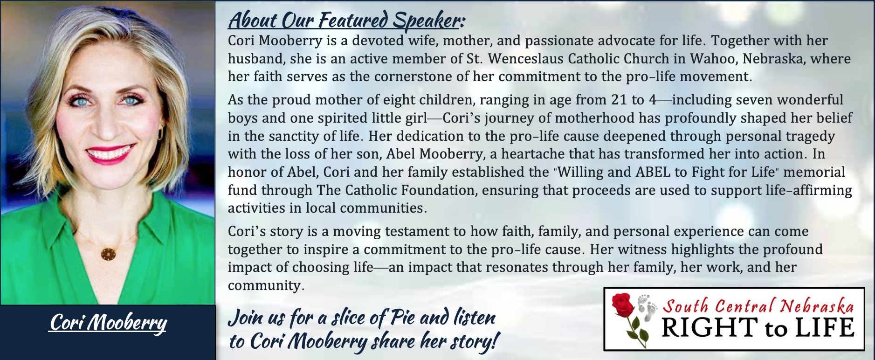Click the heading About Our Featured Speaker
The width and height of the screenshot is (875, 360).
coord(346,21)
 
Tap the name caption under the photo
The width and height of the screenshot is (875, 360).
coord(108,323)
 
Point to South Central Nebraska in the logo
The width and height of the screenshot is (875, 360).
coord(758,306)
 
